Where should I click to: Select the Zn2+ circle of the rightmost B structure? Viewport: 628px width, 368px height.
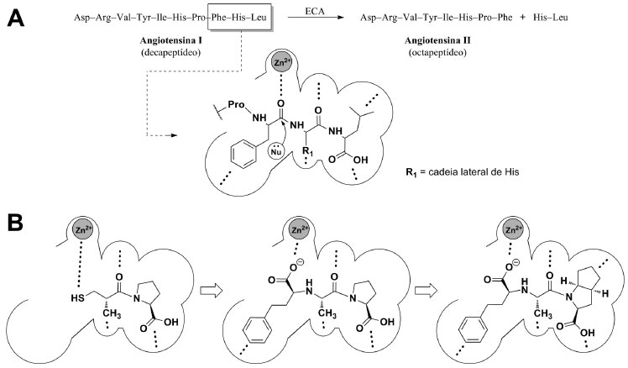coord(521,231)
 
